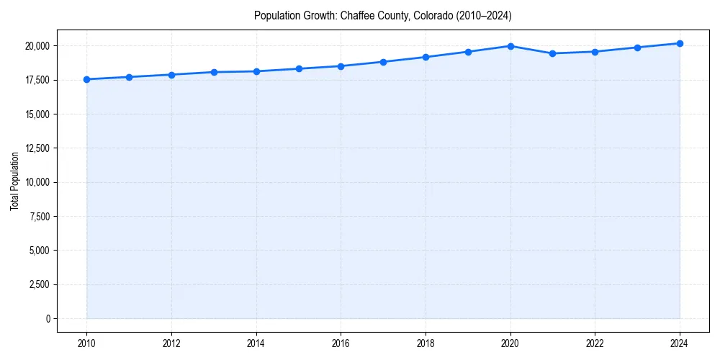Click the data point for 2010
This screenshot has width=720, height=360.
[x=86, y=79]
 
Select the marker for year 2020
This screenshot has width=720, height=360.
[x=510, y=46]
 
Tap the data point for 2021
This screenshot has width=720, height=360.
[x=552, y=53]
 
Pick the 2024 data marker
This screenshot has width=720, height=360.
[x=680, y=43]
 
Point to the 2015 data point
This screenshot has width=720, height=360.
[x=299, y=68]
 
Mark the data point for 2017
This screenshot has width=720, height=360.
[x=383, y=62]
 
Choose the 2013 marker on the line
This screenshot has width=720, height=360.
[x=214, y=72]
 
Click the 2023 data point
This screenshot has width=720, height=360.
[x=637, y=48]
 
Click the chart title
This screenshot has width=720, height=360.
[x=382, y=15]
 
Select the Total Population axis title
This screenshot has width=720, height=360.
[x=14, y=181]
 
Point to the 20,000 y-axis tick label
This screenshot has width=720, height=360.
[x=36, y=46]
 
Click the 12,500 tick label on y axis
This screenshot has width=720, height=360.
[x=36, y=148]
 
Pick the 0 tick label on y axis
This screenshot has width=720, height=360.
[x=48, y=318]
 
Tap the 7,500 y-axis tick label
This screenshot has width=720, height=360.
[x=38, y=216]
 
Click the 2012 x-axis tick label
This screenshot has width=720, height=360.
[x=171, y=343]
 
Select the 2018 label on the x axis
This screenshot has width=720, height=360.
[x=426, y=343]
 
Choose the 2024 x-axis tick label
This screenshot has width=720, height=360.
[x=680, y=343]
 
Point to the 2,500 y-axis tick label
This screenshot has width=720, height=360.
[x=38, y=284]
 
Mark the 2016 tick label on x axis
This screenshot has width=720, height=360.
[x=341, y=343]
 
